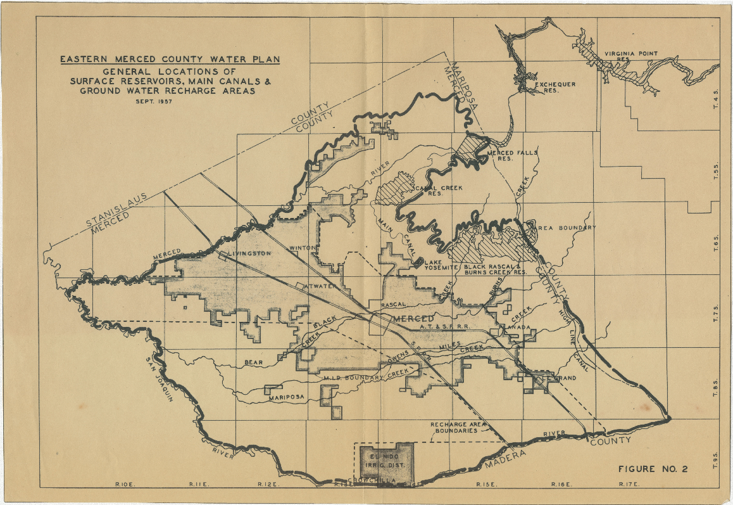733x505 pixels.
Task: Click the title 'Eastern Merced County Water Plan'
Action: click(x=170, y=60)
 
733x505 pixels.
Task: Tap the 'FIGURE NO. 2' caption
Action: click(x=652, y=469)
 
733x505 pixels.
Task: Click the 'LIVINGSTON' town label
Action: click(x=249, y=253)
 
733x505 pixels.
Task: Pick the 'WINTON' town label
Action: click(x=301, y=248)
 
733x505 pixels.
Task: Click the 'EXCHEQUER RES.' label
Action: click(x=554, y=87)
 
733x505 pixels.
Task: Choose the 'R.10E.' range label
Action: click(x=123, y=484)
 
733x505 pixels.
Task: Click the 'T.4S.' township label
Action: click(x=716, y=99)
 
